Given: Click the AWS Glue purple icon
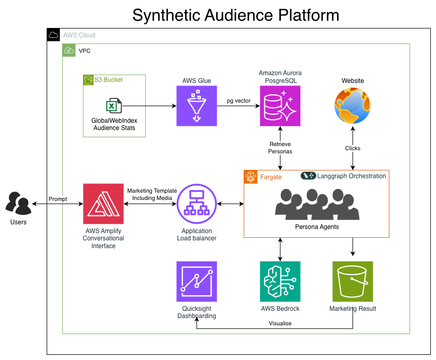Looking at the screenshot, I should pyautogui.click(x=196, y=106).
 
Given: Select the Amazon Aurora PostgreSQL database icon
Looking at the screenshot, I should pyautogui.click(x=280, y=106).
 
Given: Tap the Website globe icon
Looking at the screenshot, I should pyautogui.click(x=353, y=106).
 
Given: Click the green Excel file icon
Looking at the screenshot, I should pyautogui.click(x=114, y=106).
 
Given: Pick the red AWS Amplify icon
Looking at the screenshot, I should pyautogui.click(x=103, y=204).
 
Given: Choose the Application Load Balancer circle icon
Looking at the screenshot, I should pyautogui.click(x=196, y=204).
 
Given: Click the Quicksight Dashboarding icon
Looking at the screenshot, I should pyautogui.click(x=196, y=281).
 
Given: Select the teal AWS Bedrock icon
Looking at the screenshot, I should pyautogui.click(x=280, y=281).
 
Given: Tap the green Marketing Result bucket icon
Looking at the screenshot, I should pyautogui.click(x=353, y=281).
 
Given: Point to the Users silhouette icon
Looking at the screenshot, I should pyautogui.click(x=18, y=203).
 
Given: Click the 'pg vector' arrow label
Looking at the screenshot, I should pyautogui.click(x=238, y=100).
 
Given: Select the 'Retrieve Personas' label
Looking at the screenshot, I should pyautogui.click(x=280, y=148).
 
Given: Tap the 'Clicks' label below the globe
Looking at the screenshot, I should pyautogui.click(x=353, y=148).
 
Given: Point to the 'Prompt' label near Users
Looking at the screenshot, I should pyautogui.click(x=58, y=199).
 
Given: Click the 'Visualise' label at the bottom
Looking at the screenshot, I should pyautogui.click(x=280, y=323).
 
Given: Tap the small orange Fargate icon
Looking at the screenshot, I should pyautogui.click(x=250, y=177).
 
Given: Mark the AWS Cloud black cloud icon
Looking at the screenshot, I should pyautogui.click(x=53, y=35).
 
